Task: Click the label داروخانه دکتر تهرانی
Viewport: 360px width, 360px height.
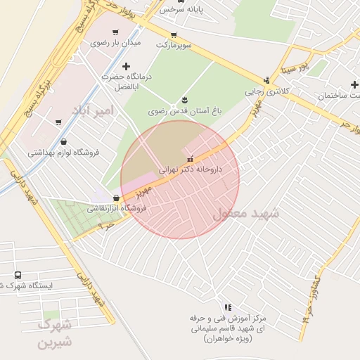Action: click(191, 169)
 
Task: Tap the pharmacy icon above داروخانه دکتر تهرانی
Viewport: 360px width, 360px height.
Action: click(190, 159)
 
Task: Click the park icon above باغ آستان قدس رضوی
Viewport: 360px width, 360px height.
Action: click(184, 100)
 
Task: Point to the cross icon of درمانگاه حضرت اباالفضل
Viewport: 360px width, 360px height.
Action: click(126, 66)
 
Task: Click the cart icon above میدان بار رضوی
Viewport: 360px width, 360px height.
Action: click(115, 32)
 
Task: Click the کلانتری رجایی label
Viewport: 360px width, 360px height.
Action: click(266, 91)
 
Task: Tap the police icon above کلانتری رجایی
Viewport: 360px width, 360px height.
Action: click(266, 80)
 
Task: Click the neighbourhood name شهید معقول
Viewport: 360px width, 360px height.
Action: click(245, 213)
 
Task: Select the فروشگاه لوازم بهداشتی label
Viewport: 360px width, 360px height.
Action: click(64, 152)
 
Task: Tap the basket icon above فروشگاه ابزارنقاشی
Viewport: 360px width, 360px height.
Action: click(115, 198)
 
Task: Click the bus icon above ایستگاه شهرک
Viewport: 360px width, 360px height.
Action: click(18, 275)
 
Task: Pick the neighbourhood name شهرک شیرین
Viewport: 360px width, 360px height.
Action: click(55, 334)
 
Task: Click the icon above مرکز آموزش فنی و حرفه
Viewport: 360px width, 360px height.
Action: click(226, 307)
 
